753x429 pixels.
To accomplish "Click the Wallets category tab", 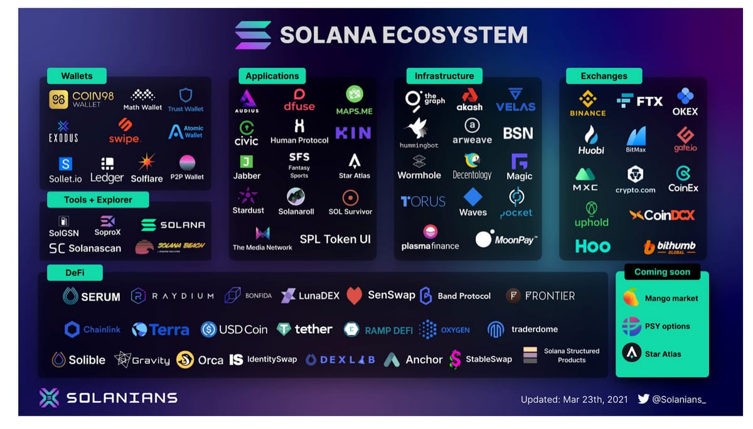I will point(77,76).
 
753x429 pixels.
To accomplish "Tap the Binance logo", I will point(587,103).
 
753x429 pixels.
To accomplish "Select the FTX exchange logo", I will point(639,100).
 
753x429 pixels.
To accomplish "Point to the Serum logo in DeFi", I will point(92,296).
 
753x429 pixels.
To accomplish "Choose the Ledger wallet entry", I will point(107,170).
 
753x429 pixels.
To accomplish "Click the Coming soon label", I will point(662,272).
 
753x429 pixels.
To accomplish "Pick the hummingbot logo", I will point(419,132).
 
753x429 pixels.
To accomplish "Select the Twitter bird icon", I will point(643,399).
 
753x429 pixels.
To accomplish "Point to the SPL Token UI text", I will point(335,239).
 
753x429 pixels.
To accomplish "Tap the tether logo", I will point(305,329).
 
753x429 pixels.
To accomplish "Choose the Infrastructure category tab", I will point(444,76).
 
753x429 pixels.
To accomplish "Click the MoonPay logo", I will point(506,240).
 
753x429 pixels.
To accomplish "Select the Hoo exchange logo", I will point(592,246).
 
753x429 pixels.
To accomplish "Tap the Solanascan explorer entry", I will point(85,248).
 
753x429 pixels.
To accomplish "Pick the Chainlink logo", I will point(92,329).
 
